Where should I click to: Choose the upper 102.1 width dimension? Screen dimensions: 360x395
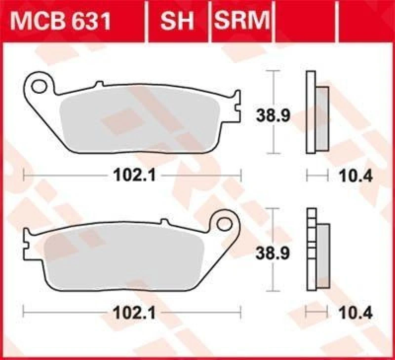[x=131, y=175]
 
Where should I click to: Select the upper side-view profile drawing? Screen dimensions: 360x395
[x=316, y=112]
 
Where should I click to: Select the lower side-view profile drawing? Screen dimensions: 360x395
[x=316, y=251]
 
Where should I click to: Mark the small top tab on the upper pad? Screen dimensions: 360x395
[x=98, y=84]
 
